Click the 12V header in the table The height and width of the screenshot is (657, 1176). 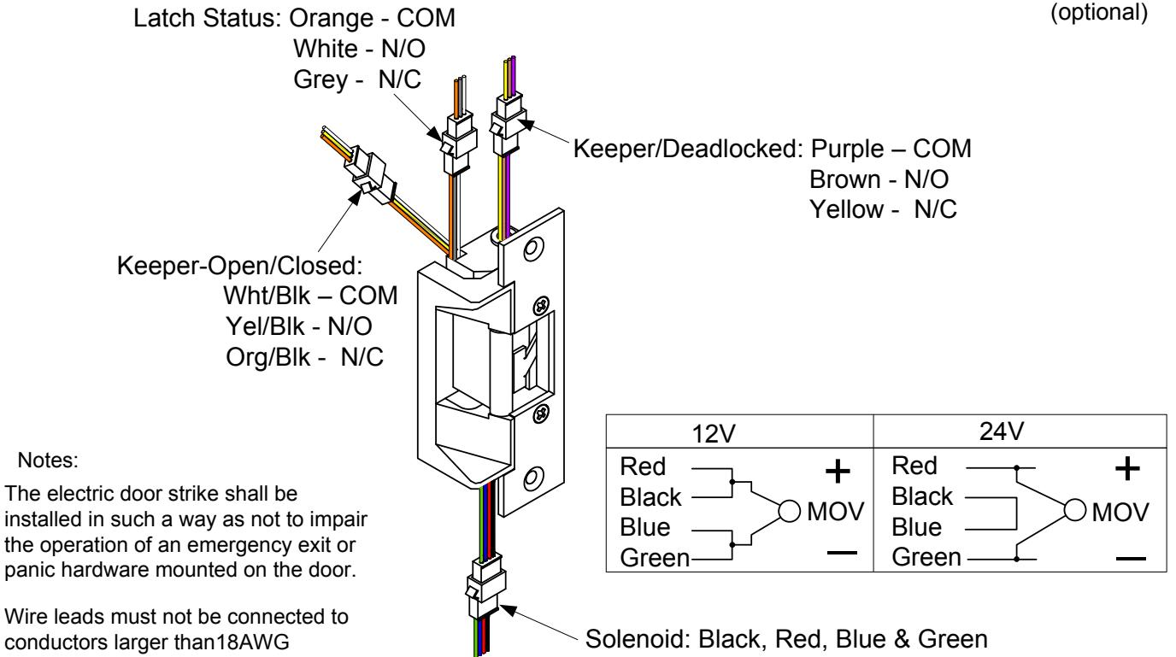(x=714, y=434)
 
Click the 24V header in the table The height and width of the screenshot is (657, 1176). (x=1001, y=432)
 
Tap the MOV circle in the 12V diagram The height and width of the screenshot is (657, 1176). (x=789, y=511)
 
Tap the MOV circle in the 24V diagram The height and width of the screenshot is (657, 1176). (x=1074, y=510)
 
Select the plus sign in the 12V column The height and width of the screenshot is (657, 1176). (x=838, y=471)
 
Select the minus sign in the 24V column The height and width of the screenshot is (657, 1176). (x=1131, y=559)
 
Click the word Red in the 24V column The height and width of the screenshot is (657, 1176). (x=914, y=466)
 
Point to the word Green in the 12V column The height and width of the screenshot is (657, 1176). (x=655, y=558)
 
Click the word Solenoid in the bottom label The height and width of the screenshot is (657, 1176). (x=637, y=639)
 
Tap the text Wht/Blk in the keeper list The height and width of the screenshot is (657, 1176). (x=267, y=296)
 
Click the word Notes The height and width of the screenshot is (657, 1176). (x=48, y=460)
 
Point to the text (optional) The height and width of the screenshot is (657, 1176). (x=1099, y=12)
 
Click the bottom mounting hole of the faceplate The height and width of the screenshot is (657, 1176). (x=531, y=478)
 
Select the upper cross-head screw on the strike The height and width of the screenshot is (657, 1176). (x=541, y=305)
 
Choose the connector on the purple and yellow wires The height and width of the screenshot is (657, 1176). (x=508, y=125)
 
